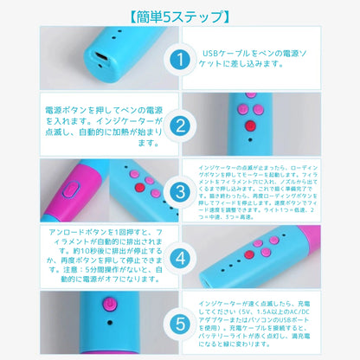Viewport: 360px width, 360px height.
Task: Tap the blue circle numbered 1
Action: tap(179, 59)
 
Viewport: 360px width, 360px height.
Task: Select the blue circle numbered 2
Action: tap(179, 125)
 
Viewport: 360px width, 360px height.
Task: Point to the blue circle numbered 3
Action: tap(179, 191)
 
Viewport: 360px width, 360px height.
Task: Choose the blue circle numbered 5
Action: tap(179, 324)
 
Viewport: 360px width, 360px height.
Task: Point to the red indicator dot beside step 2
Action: tap(251, 126)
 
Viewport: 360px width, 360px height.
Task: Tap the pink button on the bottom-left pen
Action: tap(107, 302)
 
